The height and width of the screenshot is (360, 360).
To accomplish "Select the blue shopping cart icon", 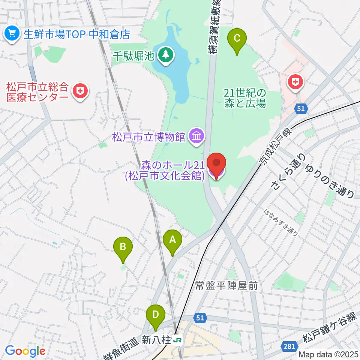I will [x=12, y=34].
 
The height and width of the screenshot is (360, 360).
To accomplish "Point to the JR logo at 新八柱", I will [x=178, y=340].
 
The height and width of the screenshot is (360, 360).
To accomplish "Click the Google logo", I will [x=25, y=351].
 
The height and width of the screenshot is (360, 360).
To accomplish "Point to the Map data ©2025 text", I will [x=328, y=354].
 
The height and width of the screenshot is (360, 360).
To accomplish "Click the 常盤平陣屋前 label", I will [x=226, y=286].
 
